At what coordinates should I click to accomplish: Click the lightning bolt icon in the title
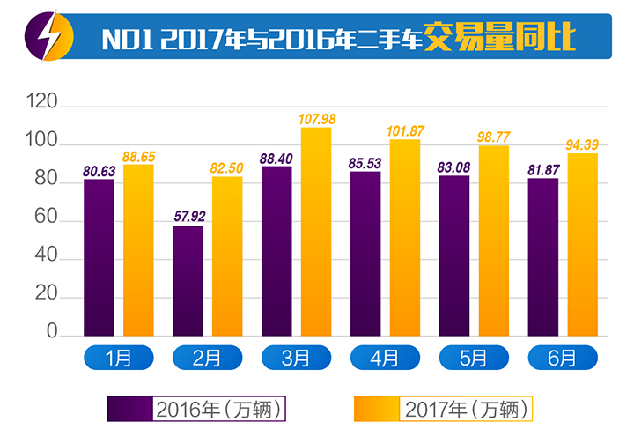pos(41,36)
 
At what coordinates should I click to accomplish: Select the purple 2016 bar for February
pos(188,281)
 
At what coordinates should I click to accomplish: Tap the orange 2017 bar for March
pos(316,233)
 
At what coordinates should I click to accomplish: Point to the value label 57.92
pos(188,216)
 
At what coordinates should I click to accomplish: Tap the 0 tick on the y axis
pos(52,335)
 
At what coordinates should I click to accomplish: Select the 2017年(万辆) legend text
pos(468,410)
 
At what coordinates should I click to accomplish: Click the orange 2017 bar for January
pos(139,250)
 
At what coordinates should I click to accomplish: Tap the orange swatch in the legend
pos(376,410)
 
